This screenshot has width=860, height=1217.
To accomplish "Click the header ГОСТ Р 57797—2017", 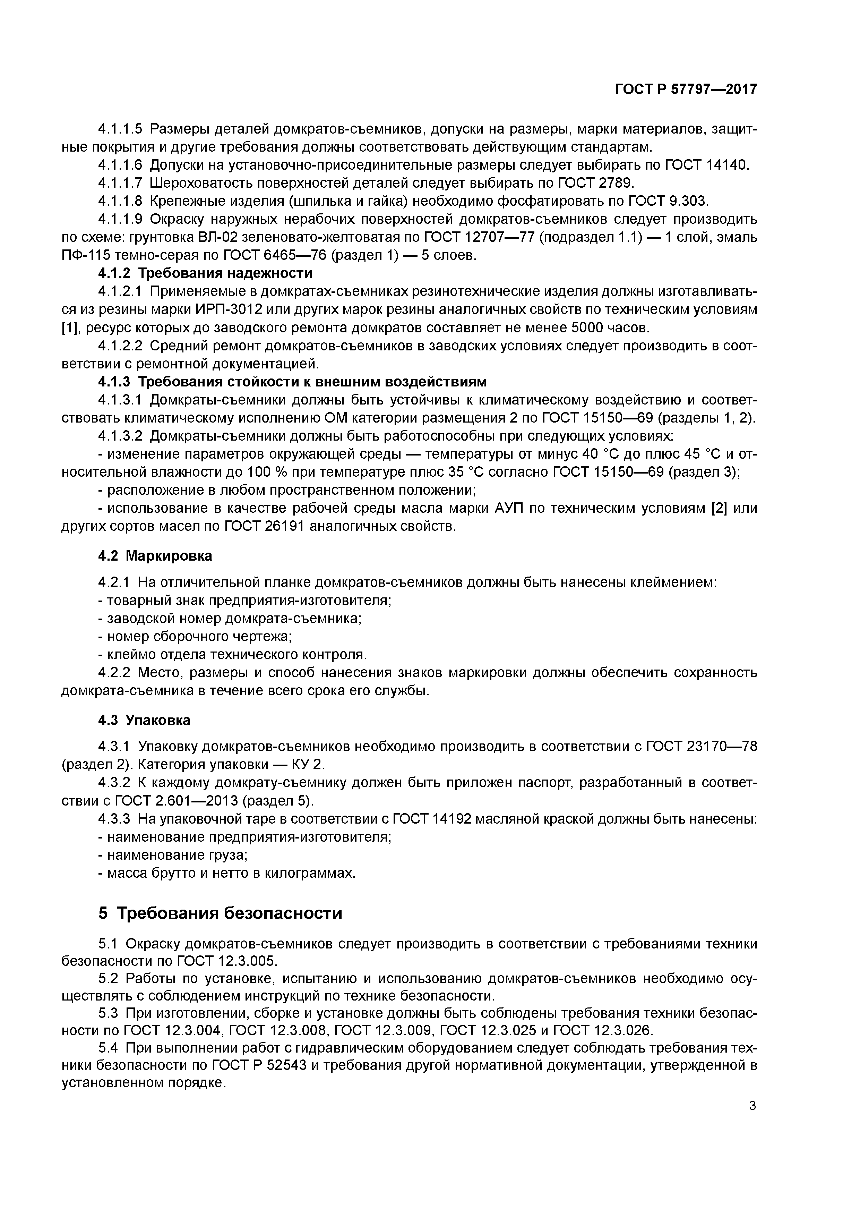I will [x=685, y=90].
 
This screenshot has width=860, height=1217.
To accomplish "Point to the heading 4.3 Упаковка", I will [x=144, y=720].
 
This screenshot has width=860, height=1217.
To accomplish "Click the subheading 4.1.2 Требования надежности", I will [x=206, y=273].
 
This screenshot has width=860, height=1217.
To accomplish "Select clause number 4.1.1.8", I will [x=120, y=201].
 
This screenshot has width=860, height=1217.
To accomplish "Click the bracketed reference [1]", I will [x=70, y=327].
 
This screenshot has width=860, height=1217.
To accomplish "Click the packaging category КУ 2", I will [x=308, y=764].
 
